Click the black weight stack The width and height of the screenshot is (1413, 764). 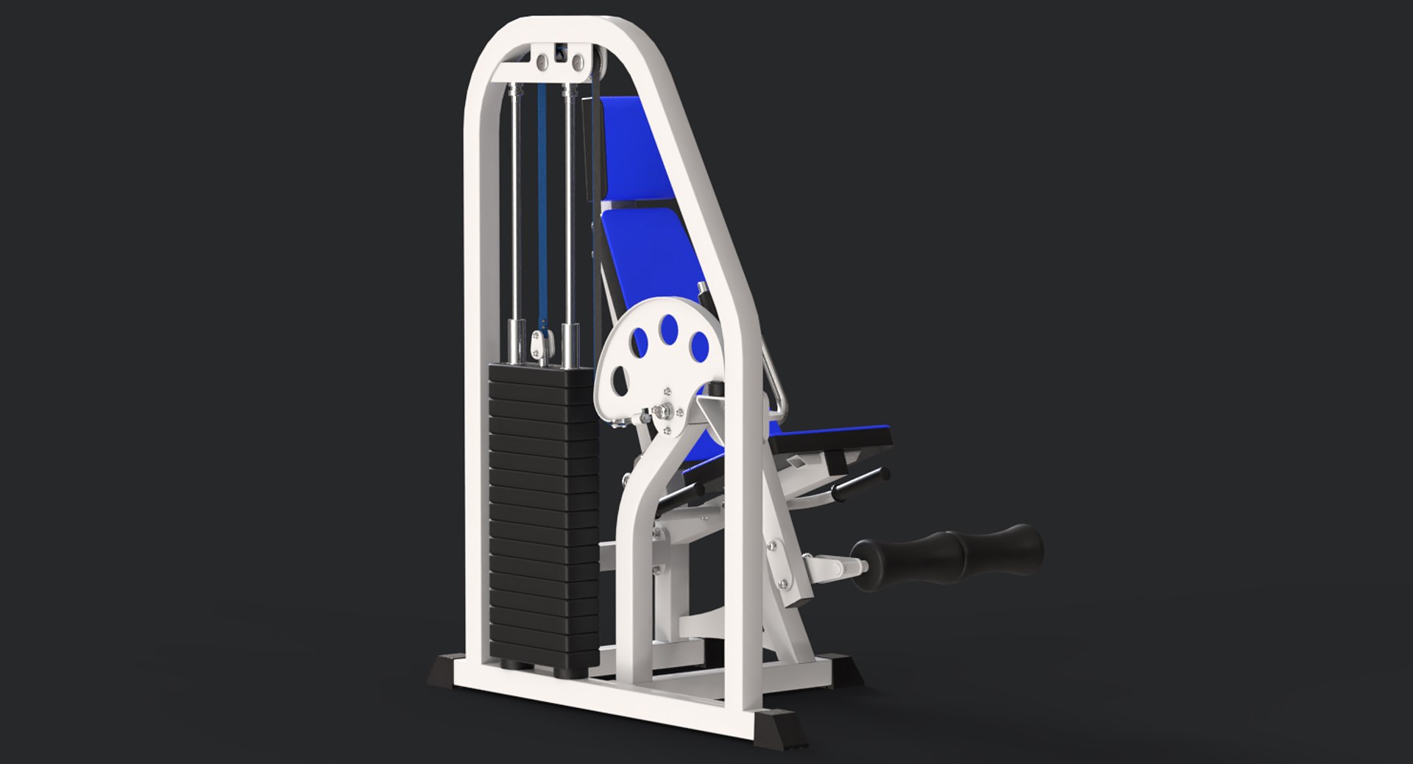[543, 515]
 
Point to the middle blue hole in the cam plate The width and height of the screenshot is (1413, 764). [669, 329]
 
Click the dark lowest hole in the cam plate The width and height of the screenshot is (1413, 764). [620, 379]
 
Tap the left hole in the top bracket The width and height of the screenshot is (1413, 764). [542, 61]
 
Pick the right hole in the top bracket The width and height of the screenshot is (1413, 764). [578, 61]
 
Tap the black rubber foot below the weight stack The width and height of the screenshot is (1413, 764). [442, 671]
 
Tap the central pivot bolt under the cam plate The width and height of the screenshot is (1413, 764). [665, 412]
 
